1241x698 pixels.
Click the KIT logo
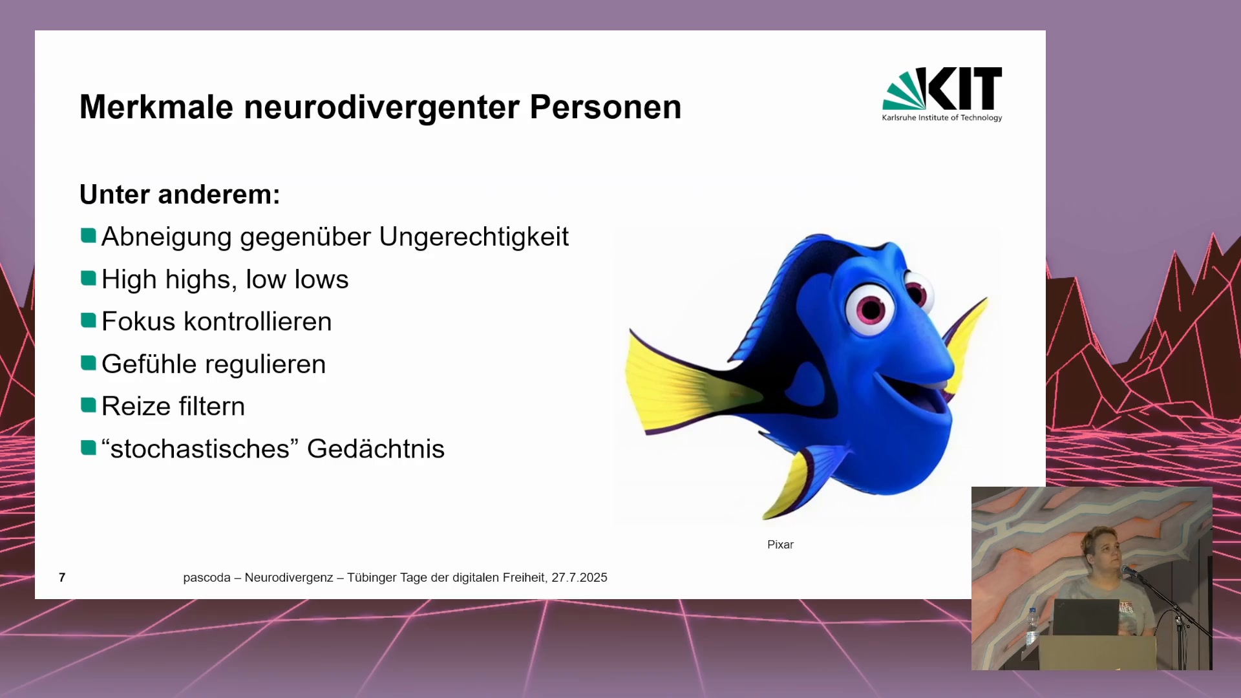(x=942, y=94)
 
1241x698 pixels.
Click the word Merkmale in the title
(x=156, y=107)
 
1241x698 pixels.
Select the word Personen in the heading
(x=606, y=107)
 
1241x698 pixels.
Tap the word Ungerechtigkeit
(x=474, y=237)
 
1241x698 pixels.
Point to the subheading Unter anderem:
(x=180, y=195)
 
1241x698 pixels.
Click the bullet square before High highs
(x=89, y=279)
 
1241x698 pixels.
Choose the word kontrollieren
(x=258, y=321)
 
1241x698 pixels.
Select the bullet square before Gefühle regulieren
(x=89, y=363)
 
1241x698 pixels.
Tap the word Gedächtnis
(x=376, y=449)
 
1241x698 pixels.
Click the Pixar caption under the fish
(x=780, y=545)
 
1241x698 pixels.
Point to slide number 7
(x=62, y=577)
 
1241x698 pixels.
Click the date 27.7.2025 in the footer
(x=579, y=578)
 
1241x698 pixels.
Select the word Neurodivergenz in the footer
(x=289, y=578)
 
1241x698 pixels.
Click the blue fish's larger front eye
(x=870, y=308)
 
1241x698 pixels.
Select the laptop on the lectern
(x=1086, y=617)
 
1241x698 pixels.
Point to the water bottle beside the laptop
(x=1032, y=626)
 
